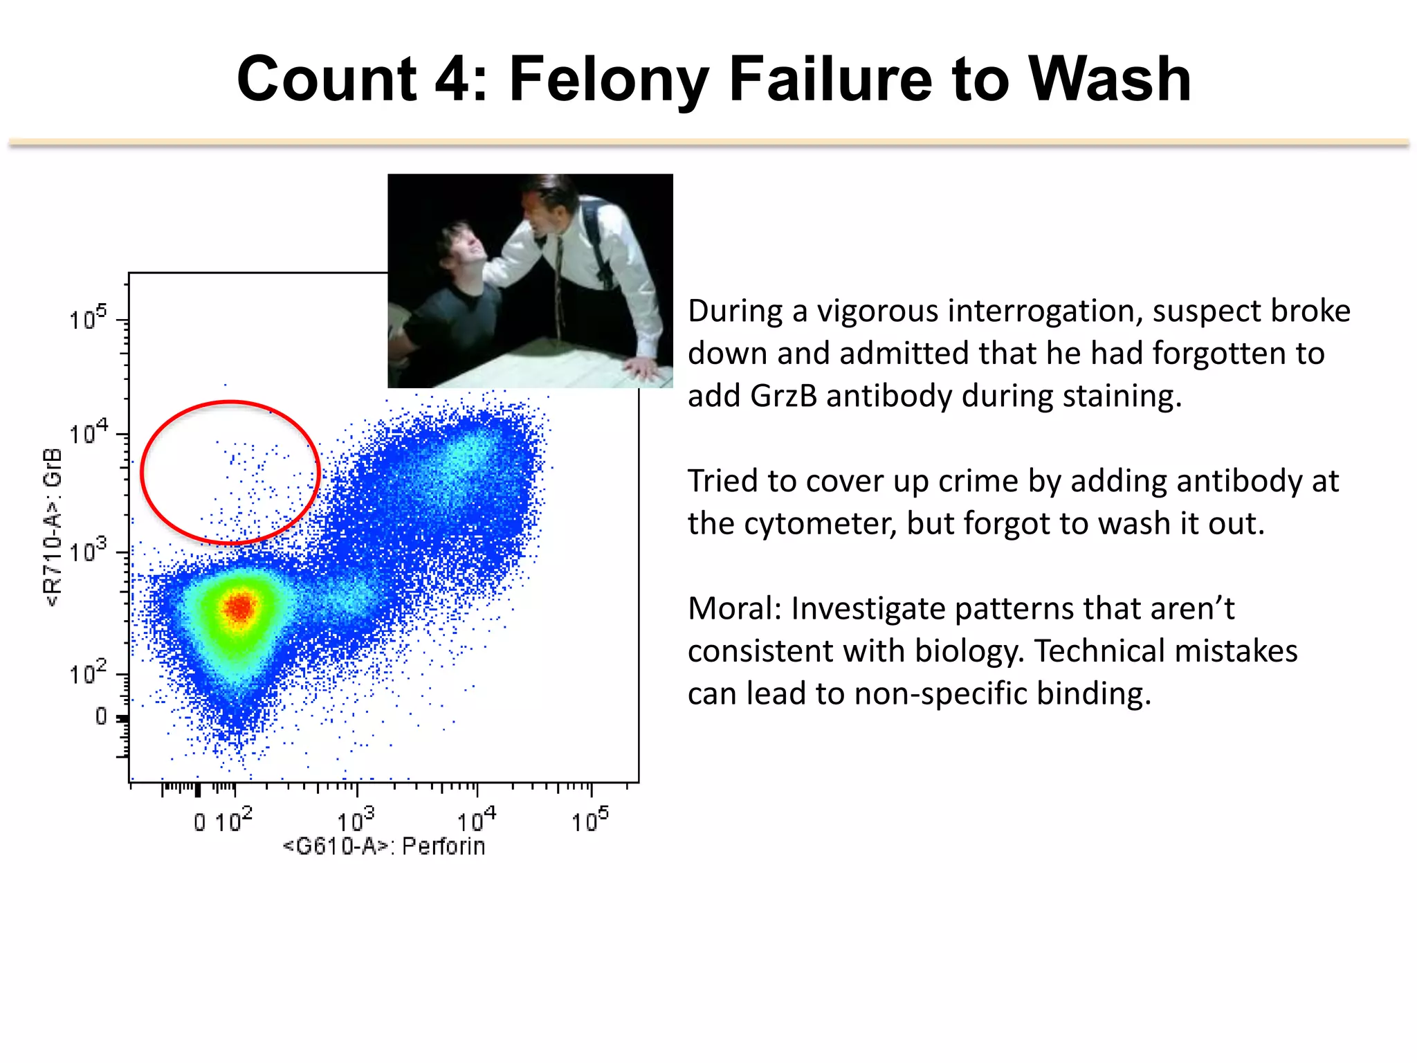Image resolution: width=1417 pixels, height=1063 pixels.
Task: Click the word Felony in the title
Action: (609, 80)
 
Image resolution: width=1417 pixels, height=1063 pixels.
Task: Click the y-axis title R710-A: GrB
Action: (53, 527)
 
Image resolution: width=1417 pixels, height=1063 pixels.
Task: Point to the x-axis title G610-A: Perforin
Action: (384, 846)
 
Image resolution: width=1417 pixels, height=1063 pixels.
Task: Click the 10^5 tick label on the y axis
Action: (88, 319)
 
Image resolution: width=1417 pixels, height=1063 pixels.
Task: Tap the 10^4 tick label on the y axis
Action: (88, 434)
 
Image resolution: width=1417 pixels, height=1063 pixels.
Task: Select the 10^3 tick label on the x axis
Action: (355, 821)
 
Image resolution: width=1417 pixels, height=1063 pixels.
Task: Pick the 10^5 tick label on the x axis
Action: (589, 821)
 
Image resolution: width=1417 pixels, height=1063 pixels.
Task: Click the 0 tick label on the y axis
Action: (101, 716)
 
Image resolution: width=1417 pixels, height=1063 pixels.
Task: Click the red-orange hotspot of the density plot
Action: (239, 608)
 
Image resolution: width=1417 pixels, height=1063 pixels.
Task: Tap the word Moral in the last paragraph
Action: (733, 609)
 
